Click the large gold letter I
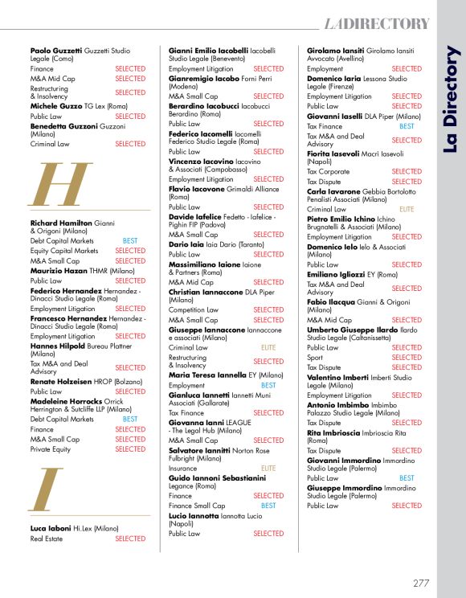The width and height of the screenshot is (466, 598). tap(48, 489)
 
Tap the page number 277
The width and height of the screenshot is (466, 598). tap(422, 583)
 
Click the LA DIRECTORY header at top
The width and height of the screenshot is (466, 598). tap(377, 24)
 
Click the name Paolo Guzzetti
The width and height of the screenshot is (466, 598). tap(52, 50)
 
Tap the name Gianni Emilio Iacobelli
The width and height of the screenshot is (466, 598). tap(208, 50)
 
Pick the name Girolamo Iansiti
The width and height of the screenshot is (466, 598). tap(337, 50)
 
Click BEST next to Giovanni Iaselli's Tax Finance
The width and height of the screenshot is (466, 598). tap(407, 126)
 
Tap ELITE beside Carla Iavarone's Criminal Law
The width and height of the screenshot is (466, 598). tap(407, 209)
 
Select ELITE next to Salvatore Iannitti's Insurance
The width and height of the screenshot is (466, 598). tap(268, 468)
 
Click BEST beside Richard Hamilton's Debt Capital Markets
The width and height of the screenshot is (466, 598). tap(130, 240)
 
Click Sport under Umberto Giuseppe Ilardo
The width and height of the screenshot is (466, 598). tap(316, 358)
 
